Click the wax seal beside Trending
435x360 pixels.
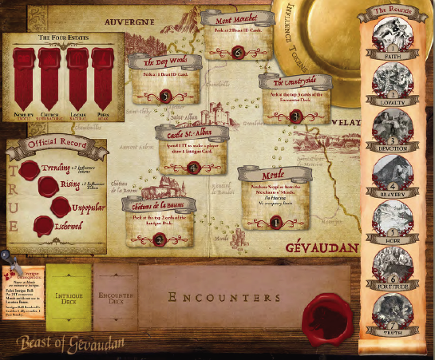30,169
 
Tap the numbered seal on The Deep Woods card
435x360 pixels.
167,95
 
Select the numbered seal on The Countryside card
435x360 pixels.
295,116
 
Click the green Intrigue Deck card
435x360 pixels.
69,298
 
